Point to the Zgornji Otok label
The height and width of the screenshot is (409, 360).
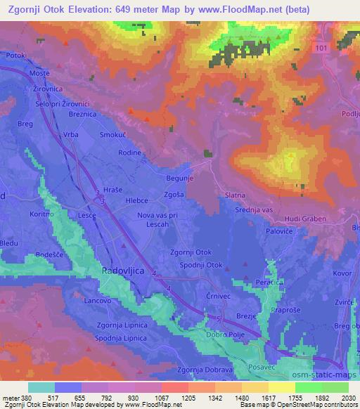click(191, 253)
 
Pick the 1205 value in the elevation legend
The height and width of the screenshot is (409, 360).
click(187, 397)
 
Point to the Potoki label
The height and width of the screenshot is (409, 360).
click(15, 55)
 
